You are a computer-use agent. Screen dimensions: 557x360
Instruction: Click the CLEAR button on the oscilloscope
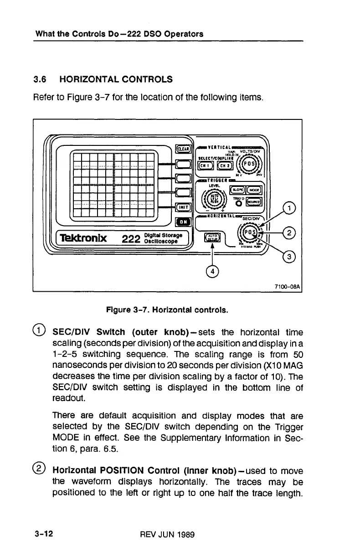[181, 148]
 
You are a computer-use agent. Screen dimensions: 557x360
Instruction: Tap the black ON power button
[181, 222]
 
